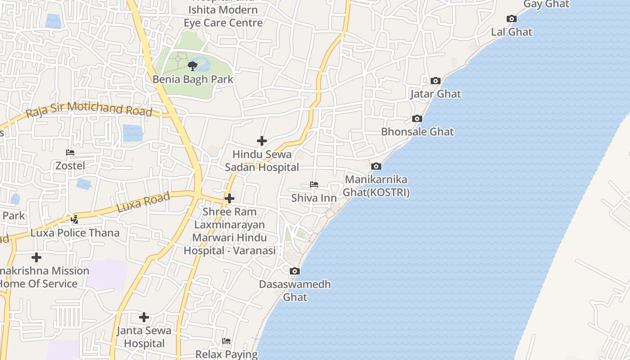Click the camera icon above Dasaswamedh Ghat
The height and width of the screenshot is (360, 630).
coord(295,271)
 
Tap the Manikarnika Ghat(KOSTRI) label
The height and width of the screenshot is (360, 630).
coord(376,186)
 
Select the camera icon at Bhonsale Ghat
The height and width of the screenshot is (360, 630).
coord(417,119)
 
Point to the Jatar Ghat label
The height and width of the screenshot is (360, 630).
coord(435,94)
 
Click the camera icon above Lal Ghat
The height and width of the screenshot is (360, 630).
coord(511,18)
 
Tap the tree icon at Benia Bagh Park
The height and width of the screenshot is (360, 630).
coord(193,66)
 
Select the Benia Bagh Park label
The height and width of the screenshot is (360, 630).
coord(193,79)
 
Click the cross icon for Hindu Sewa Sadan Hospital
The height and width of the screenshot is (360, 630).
coord(261,141)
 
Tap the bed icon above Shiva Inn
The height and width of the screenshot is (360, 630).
coord(314,184)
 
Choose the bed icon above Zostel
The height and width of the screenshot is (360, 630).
coord(70,153)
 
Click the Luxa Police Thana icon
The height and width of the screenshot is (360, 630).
coord(75,220)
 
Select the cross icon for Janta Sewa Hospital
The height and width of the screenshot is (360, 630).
coord(144,317)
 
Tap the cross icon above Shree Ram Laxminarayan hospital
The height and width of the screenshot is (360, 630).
coord(229,198)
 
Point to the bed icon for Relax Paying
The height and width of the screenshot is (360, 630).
coord(226,341)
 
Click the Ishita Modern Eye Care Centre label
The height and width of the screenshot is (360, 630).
coord(223,16)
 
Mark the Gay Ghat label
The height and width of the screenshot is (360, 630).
coord(546,4)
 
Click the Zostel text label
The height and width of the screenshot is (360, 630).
coord(70,166)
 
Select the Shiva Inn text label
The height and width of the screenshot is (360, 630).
coord(314,198)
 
